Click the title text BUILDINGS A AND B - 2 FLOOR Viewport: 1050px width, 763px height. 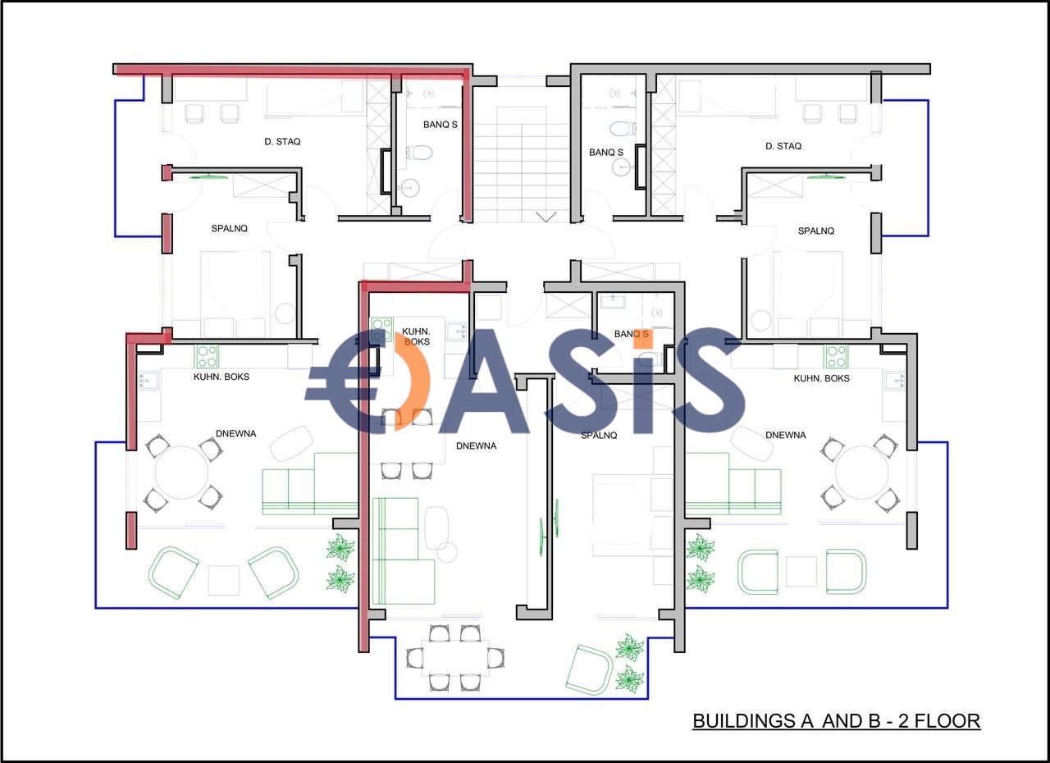(x=836, y=721)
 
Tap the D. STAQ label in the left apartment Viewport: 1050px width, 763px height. (x=282, y=142)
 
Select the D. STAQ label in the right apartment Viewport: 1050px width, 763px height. (x=783, y=146)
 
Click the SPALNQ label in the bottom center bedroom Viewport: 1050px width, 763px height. (x=599, y=436)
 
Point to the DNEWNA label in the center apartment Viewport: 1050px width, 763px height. (x=476, y=445)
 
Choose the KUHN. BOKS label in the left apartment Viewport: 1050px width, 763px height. (x=221, y=377)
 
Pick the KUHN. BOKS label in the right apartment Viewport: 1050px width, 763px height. (x=821, y=378)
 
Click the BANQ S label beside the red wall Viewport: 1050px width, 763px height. (x=441, y=125)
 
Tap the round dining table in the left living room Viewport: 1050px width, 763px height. (x=181, y=473)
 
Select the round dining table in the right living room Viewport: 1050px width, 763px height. (x=861, y=473)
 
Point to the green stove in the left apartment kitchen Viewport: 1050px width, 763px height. (x=206, y=356)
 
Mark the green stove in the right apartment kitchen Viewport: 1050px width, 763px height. (x=836, y=356)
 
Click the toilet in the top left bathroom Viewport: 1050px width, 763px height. (x=418, y=153)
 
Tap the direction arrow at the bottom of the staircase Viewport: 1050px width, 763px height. (x=546, y=217)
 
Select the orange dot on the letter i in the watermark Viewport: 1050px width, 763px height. (x=642, y=338)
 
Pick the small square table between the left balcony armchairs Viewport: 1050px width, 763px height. (x=224, y=580)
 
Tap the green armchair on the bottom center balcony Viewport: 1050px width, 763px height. (x=589, y=670)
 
